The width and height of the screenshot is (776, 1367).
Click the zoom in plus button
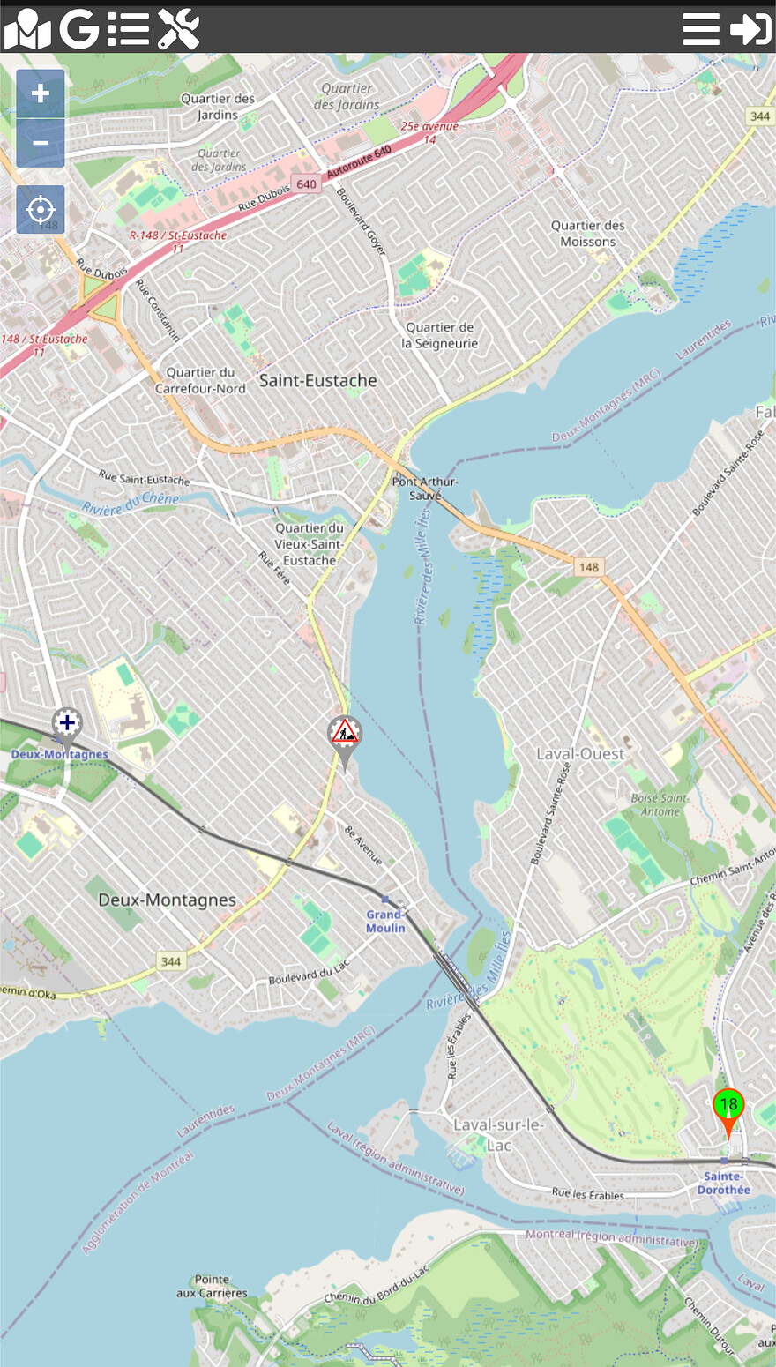[41, 93]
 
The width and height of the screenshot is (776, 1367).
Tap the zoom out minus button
[41, 143]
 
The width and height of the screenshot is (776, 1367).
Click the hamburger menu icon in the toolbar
[701, 29]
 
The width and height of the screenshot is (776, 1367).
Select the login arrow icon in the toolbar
[751, 29]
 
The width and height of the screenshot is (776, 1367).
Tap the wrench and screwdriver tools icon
[179, 29]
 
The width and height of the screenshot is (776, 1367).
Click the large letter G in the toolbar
[79, 29]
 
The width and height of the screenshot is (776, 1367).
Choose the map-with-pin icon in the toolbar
[27, 29]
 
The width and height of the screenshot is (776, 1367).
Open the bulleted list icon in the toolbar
[129, 29]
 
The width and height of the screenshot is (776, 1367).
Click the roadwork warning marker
[345, 733]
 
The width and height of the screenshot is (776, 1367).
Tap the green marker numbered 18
[728, 1105]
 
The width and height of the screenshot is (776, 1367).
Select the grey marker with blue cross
[67, 724]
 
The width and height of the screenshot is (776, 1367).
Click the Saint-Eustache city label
[317, 380]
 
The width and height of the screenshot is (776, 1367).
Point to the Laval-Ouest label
[579, 754]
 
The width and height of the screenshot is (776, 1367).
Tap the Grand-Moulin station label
[386, 921]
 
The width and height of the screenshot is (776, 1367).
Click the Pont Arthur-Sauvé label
[425, 488]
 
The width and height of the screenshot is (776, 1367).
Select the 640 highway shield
[306, 184]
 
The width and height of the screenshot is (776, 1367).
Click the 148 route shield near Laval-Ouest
[588, 567]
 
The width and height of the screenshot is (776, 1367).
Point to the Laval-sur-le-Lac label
[498, 1134]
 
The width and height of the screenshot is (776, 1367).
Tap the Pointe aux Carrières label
[212, 1286]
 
